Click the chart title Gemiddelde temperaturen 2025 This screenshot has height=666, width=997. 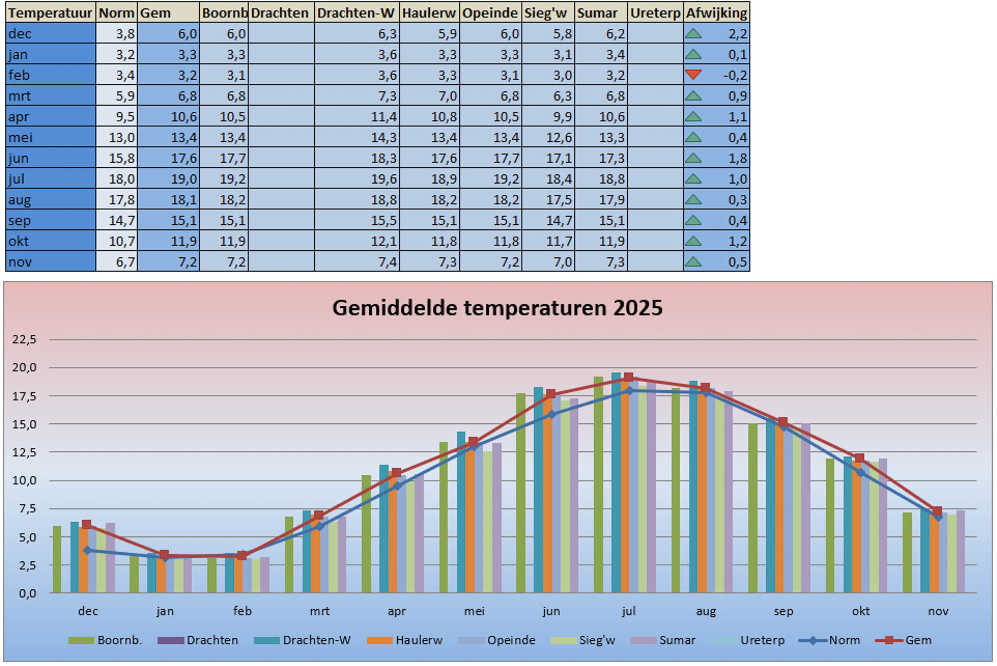[497, 308]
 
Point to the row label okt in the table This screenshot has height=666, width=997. [19, 241]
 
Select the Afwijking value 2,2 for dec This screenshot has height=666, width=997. [737, 34]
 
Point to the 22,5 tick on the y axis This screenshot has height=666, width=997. [24, 339]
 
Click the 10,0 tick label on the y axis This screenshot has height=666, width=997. [24, 480]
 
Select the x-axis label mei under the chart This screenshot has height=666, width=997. [474, 611]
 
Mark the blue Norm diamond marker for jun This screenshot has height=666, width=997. [552, 415]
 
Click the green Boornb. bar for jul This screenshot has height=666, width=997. [598, 484]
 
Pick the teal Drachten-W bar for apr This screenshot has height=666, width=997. [384, 529]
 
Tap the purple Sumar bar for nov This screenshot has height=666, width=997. [960, 552]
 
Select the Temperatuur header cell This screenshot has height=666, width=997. [50, 13]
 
